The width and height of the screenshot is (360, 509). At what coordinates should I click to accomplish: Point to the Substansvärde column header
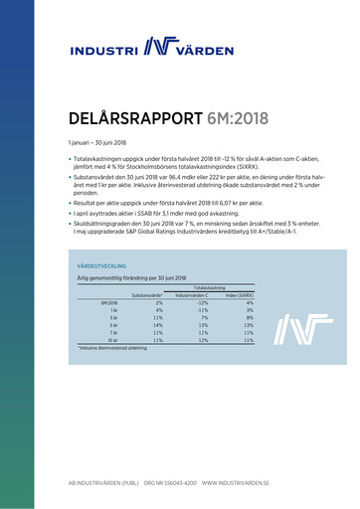[146, 293]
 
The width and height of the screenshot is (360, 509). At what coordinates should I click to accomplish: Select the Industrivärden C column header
[197, 293]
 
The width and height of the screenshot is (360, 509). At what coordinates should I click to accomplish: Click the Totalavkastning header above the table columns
[217, 286]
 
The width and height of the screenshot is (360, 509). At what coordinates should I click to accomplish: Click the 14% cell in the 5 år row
[157, 324]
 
